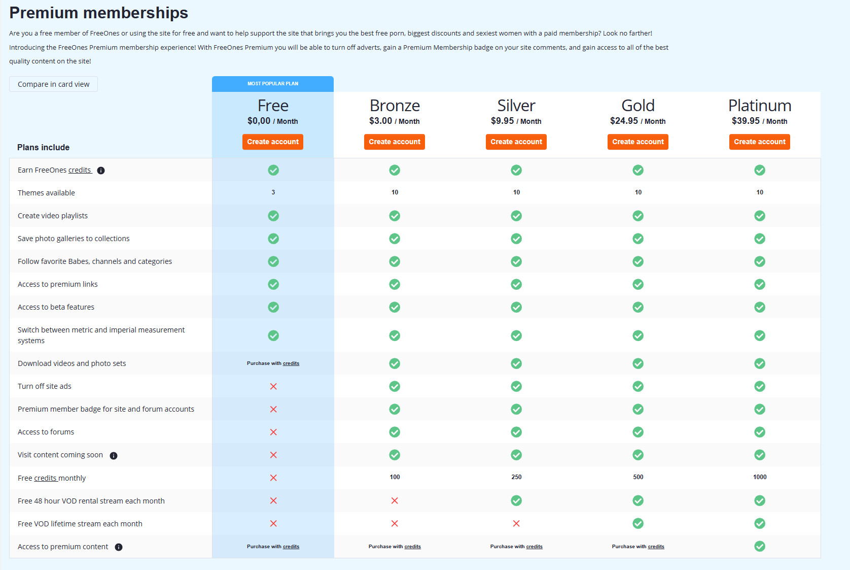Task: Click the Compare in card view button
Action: [53, 84]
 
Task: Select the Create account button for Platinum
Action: [759, 142]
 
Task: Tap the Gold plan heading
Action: [637, 106]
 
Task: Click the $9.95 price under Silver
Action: [502, 121]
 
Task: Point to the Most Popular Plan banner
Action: [273, 84]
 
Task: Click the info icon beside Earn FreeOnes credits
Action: [101, 171]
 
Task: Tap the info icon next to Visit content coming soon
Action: [114, 455]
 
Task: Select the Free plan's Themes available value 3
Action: [273, 192]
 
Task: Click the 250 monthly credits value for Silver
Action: [516, 477]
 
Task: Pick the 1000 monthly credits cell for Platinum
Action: [759, 477]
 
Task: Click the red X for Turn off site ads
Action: [273, 386]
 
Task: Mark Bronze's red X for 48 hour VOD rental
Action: [395, 500]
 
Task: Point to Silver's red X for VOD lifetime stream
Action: [516, 523]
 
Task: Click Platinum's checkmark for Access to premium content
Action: [759, 546]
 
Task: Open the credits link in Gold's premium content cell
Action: [656, 547]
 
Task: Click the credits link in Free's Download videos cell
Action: [291, 363]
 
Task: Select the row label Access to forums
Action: [46, 432]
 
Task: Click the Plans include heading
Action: [43, 147]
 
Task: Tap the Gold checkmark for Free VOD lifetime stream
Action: [637, 523]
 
